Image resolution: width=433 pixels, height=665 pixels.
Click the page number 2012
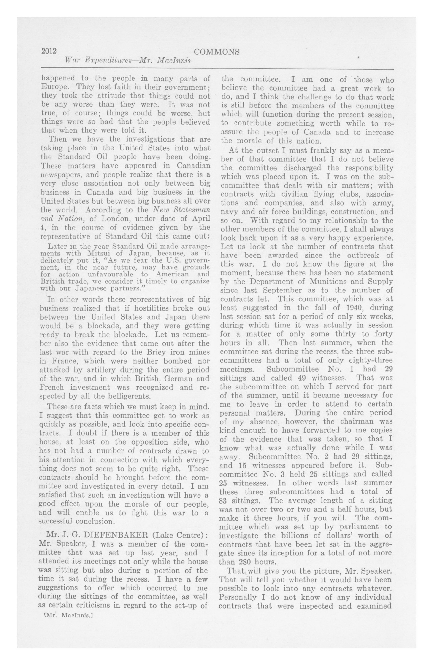(x=49, y=51)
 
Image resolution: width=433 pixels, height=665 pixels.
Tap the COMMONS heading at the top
(x=216, y=52)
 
